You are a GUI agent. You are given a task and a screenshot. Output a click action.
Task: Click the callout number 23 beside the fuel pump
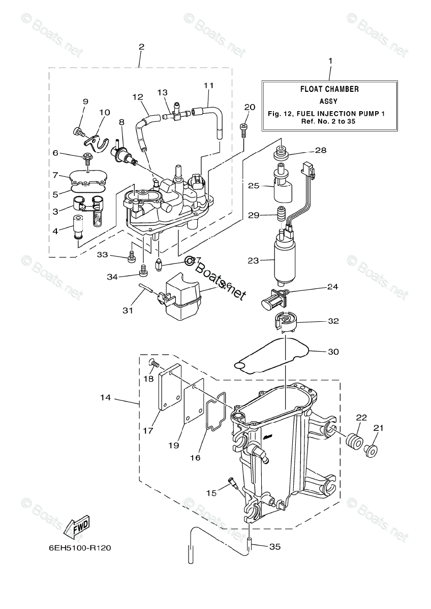point(253,260)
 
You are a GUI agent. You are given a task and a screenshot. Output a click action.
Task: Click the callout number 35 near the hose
point(274,547)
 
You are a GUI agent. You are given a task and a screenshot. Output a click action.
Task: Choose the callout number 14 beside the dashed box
point(106,398)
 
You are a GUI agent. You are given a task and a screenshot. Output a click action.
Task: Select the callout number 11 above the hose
point(209,85)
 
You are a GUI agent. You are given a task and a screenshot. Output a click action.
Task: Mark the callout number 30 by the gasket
point(333,352)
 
